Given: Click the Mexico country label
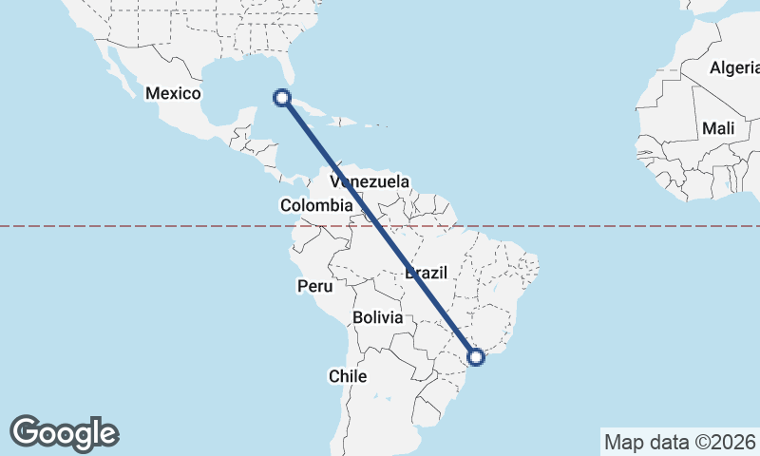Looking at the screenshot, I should click(173, 93).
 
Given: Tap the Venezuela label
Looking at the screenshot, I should click(370, 181).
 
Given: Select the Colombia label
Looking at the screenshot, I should click(315, 205).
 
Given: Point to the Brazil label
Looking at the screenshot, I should click(426, 273).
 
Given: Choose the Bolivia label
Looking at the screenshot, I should click(377, 317).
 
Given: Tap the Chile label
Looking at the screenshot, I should click(348, 376).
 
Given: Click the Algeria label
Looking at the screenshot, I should click(734, 67).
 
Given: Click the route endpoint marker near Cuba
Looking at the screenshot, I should click(281, 96).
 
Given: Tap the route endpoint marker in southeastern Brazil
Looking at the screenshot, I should click(476, 356).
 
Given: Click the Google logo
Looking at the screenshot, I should click(64, 432).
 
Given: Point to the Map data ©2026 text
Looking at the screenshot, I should click(679, 442).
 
